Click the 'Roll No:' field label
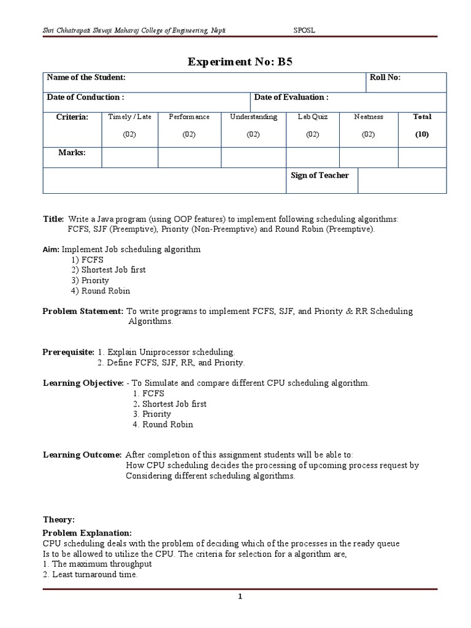(385, 77)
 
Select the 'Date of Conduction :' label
(85, 97)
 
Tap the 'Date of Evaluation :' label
(291, 97)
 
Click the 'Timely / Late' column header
(129, 117)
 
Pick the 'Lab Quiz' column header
(313, 117)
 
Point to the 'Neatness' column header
(368, 117)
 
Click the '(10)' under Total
(422, 134)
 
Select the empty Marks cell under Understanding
(253, 157)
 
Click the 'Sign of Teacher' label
(320, 175)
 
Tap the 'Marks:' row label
(72, 153)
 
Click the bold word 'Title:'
(53, 219)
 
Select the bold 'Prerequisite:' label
(68, 352)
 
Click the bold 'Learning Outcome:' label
(82, 455)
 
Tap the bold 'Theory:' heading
(59, 519)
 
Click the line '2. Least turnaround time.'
(90, 575)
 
